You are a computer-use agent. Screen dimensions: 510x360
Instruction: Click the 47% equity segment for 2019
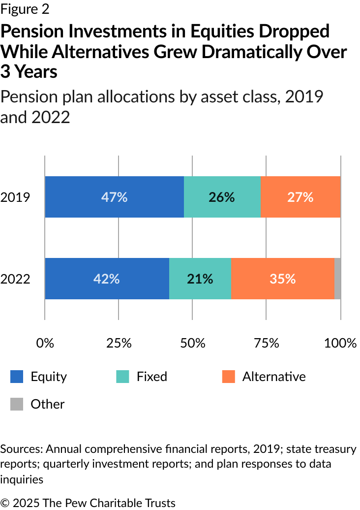tap(114, 197)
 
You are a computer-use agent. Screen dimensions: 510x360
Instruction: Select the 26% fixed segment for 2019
tap(222, 197)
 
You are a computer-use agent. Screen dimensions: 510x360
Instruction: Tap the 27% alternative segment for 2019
tap(300, 197)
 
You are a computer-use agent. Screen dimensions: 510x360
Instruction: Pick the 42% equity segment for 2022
tap(107, 279)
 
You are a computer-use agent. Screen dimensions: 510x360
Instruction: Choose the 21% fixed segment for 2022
tap(200, 279)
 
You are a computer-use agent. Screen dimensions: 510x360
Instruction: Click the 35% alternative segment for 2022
tap(282, 279)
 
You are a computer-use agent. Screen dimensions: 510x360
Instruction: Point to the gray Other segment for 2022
tap(337, 279)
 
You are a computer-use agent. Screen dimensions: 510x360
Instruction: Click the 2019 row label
tap(15, 197)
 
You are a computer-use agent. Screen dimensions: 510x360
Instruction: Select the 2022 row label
tap(15, 279)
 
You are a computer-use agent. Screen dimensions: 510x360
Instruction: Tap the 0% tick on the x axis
tap(45, 343)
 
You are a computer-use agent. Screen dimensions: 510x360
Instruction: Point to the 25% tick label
tap(119, 343)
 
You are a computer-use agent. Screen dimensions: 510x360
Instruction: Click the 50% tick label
tap(192, 343)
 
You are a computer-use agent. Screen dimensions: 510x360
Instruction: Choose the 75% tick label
tap(267, 343)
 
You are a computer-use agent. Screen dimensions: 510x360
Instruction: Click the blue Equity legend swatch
tap(17, 377)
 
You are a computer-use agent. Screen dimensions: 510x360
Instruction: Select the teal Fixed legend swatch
tap(122, 377)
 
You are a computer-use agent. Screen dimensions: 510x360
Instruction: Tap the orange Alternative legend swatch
tap(228, 377)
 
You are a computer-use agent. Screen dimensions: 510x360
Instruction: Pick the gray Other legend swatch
tap(17, 404)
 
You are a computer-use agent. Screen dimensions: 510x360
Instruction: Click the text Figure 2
tap(25, 9)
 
